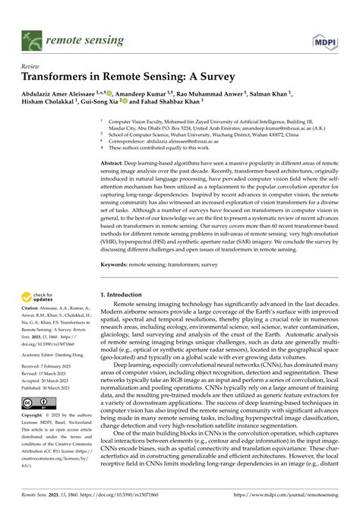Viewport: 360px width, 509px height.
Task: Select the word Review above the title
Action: coord(30,65)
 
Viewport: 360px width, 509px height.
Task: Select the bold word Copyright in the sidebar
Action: coord(35,416)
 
